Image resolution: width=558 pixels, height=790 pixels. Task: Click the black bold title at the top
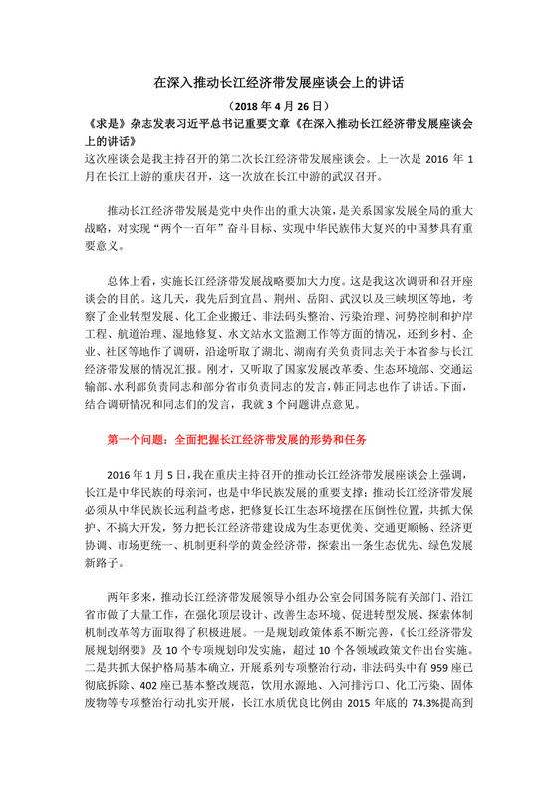[278, 79]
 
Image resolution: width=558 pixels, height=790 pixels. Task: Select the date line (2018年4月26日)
[278, 105]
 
